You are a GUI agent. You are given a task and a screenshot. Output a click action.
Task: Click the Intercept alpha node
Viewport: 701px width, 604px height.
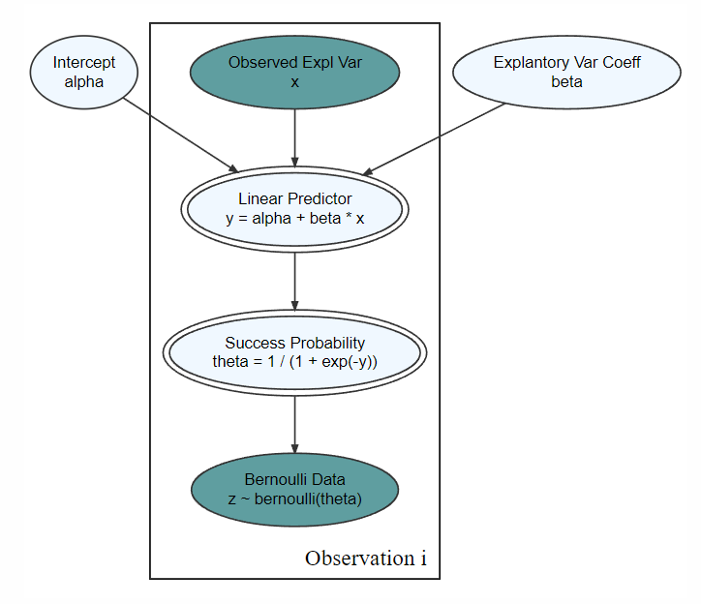84,72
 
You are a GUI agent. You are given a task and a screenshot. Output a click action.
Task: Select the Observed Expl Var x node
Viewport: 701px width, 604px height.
294,72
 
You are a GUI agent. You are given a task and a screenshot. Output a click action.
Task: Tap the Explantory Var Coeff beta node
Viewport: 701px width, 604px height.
566,72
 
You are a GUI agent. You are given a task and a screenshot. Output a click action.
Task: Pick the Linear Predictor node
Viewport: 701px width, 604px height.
294,209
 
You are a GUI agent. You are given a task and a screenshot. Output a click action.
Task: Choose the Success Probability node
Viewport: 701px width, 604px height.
294,352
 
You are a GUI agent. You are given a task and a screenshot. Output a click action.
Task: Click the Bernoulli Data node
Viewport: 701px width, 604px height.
294,490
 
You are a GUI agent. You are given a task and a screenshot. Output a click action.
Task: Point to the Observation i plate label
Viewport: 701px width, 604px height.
366,559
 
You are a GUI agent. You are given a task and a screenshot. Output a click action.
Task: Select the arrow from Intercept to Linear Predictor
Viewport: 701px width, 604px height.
181,135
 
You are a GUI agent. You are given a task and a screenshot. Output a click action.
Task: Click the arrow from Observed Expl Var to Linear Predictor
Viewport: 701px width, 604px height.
294,137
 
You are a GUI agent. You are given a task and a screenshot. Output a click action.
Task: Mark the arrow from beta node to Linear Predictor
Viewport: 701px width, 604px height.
434,139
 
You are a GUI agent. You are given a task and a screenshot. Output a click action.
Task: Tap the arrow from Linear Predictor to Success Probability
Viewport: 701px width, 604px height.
294,282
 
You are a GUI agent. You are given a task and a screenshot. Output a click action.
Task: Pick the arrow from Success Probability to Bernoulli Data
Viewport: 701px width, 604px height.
294,425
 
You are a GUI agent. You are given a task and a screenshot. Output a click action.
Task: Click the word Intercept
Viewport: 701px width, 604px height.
84,63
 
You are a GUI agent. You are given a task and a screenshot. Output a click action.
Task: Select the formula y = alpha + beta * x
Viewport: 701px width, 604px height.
294,218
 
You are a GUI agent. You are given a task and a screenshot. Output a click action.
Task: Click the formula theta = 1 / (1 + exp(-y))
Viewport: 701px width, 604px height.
294,361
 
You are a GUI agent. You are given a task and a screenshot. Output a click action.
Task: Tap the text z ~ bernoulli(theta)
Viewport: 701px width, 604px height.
294,498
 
